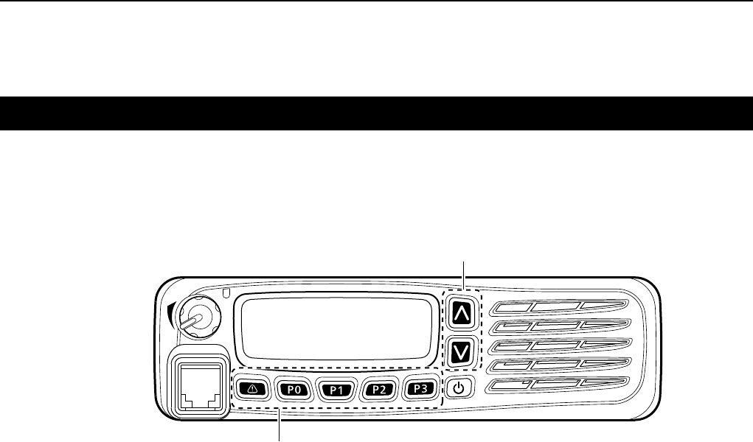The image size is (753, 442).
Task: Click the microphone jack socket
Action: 195,383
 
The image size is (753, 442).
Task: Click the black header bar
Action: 376,113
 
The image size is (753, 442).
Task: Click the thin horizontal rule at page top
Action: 376,1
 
